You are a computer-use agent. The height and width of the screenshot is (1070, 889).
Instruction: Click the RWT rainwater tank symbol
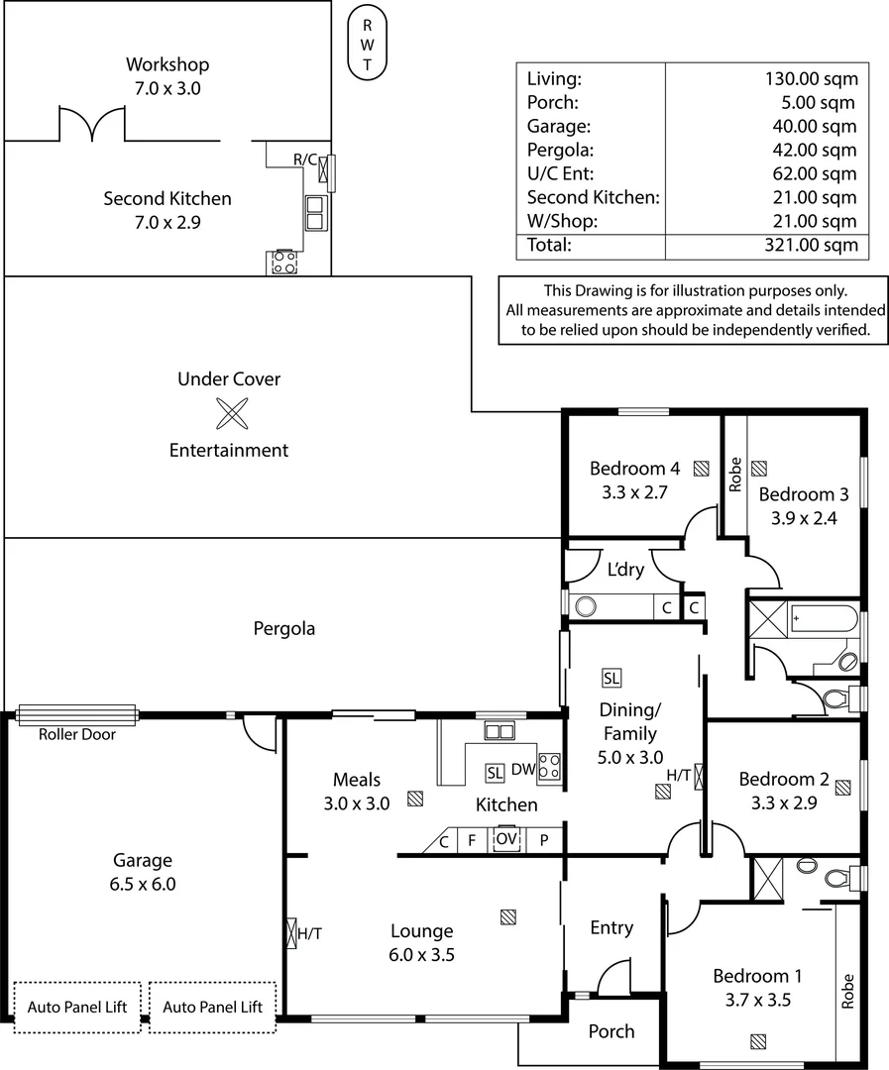click(367, 45)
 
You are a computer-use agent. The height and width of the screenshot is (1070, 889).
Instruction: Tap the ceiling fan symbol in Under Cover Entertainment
click(230, 414)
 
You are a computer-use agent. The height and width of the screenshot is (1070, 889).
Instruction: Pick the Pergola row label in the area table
click(559, 151)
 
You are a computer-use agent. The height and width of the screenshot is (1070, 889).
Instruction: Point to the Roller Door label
click(77, 734)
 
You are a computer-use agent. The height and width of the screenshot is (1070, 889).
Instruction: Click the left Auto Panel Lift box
click(76, 1007)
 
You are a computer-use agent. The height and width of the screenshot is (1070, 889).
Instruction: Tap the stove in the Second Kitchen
click(283, 262)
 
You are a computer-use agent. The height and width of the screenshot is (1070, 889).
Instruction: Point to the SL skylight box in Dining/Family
click(611, 679)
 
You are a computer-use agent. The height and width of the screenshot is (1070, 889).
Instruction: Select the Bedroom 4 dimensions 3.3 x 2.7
click(634, 491)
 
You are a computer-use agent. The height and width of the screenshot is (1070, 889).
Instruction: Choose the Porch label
click(611, 1031)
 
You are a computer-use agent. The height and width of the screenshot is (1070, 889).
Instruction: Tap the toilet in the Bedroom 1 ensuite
click(835, 876)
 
